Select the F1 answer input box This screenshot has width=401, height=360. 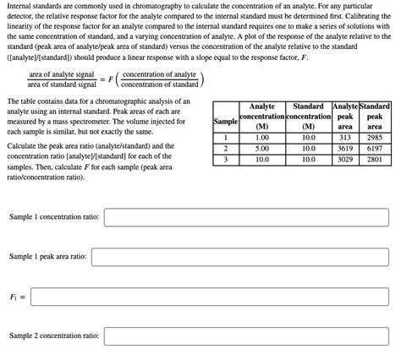(x=211, y=297)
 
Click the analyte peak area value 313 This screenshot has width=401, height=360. (x=345, y=137)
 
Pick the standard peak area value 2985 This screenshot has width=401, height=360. (x=375, y=137)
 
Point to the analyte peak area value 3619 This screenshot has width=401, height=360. (x=345, y=148)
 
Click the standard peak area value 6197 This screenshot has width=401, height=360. (x=375, y=148)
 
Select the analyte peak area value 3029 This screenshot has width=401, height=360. (x=345, y=159)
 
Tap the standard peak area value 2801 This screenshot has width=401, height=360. (x=375, y=159)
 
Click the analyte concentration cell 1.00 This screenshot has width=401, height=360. (x=262, y=137)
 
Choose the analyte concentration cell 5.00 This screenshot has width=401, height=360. (x=262, y=148)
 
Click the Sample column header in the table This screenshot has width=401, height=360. (x=226, y=122)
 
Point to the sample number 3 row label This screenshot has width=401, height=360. (x=226, y=159)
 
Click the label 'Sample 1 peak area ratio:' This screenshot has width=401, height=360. (x=47, y=257)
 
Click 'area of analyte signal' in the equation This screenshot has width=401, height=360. (x=61, y=74)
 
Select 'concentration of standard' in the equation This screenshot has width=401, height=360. (x=159, y=85)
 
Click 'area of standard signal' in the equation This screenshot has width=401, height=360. (x=61, y=85)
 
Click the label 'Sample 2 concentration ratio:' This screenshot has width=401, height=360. (x=54, y=336)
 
